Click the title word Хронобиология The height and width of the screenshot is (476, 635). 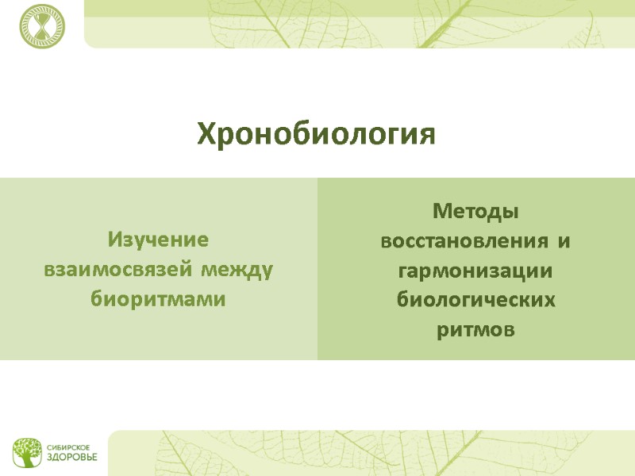point(317,134)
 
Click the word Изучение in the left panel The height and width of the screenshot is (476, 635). point(158,240)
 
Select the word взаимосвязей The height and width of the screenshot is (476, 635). point(117,270)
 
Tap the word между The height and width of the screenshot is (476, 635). point(237,270)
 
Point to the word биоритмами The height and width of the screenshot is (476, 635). point(158,300)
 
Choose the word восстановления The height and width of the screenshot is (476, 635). point(465,240)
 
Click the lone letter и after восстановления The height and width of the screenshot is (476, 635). point(564,241)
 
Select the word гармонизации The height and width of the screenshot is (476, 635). point(475,271)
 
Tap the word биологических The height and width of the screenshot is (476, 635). point(475,301)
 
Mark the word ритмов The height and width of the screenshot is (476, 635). point(475,330)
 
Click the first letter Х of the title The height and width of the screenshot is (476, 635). point(206,133)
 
